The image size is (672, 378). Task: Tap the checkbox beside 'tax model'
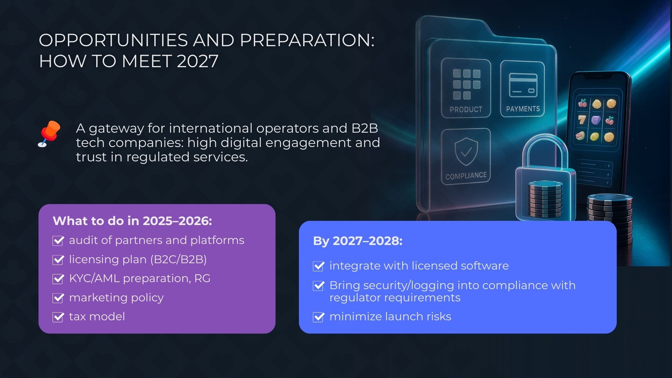click(58, 317)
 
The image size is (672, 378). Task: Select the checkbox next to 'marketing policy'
click(58, 298)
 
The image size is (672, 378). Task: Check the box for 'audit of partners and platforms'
click(58, 241)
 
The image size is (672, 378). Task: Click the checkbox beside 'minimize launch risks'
click(318, 317)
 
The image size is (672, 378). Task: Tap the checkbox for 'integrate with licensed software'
click(318, 266)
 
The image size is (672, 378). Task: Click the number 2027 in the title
click(198, 61)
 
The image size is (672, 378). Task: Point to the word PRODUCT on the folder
click(466, 110)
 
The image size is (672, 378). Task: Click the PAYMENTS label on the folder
click(523, 109)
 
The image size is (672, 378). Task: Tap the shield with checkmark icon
click(466, 151)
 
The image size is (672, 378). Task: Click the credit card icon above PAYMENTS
click(523, 85)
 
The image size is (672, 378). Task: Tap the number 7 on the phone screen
click(582, 120)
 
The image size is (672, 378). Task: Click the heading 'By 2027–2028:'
click(358, 241)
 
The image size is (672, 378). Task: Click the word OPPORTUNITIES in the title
click(113, 40)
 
